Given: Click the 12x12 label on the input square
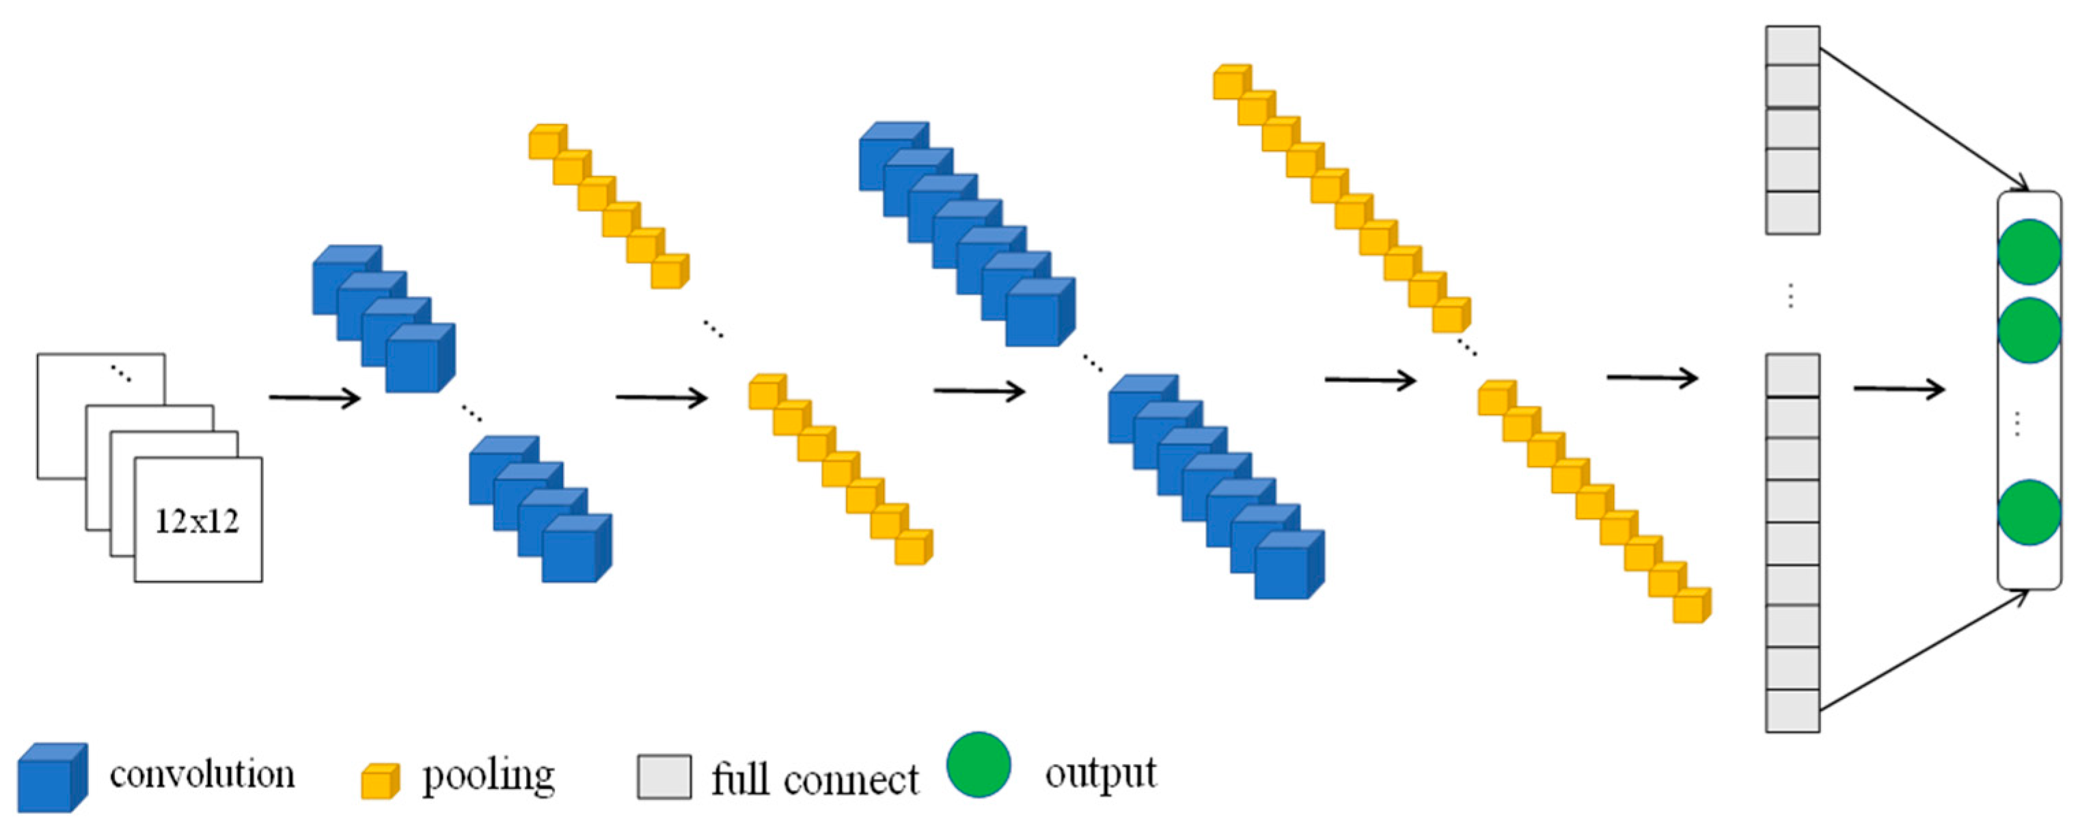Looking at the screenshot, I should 197,521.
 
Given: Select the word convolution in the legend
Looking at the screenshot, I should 202,775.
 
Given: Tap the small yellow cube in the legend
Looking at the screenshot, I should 380,782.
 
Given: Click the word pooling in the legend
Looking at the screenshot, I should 489,776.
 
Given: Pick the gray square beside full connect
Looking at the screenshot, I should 664,777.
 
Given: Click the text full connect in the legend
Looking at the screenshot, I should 815,779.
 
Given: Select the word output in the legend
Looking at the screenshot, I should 1100,773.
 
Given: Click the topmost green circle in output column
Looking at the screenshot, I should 2029,252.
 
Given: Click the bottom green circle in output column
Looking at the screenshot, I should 2029,512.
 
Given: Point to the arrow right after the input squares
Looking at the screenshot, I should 314,397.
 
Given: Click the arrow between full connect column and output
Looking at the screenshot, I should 1899,390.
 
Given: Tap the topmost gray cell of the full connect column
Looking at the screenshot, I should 1792,45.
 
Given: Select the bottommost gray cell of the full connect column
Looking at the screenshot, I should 1792,711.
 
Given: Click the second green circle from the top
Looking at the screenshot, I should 2029,330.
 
